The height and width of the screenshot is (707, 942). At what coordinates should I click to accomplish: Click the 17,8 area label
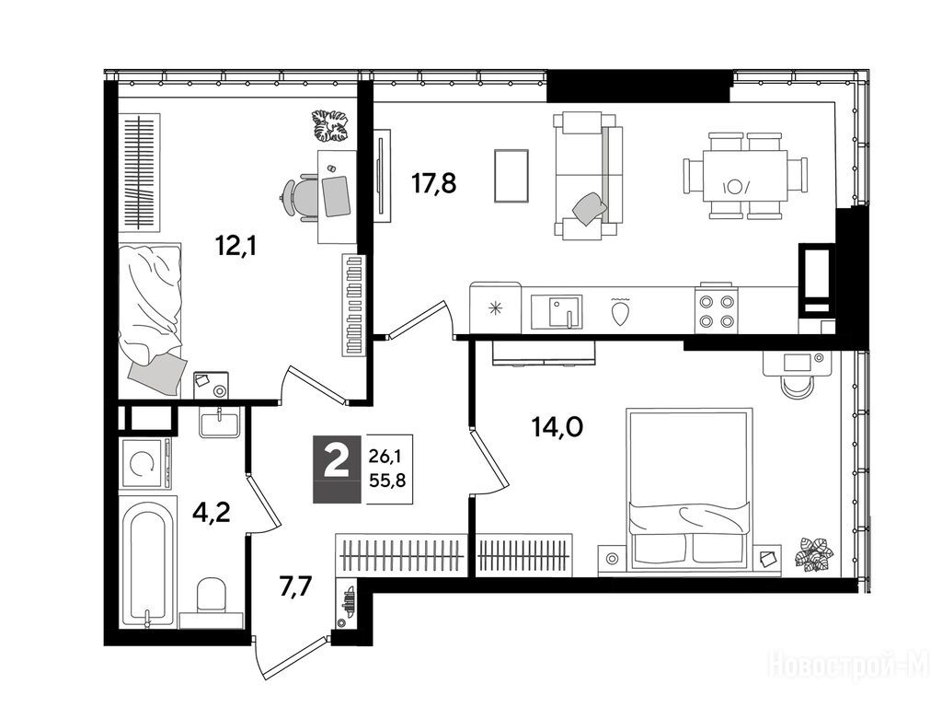433,183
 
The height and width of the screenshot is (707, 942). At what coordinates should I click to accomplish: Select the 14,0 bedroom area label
557,427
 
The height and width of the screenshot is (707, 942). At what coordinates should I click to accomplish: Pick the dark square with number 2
337,469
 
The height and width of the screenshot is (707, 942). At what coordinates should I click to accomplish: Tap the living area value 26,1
385,457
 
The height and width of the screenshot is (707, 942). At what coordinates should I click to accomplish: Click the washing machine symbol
144,462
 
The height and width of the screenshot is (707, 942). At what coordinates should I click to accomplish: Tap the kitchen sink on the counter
557,311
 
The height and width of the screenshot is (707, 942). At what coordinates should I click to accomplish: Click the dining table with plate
745,176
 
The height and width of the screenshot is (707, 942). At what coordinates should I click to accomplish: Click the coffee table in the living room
511,176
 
